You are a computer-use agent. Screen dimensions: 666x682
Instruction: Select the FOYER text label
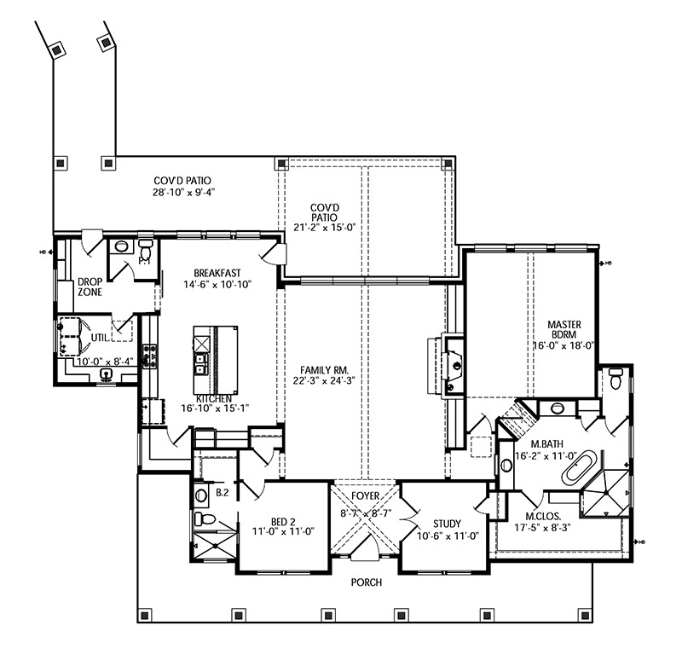(365, 494)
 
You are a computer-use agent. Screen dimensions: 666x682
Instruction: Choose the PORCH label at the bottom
(364, 582)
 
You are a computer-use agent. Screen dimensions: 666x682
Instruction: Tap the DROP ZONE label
(90, 286)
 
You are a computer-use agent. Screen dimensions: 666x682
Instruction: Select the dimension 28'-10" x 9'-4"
(182, 192)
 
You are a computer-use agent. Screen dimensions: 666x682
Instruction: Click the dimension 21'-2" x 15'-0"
(325, 227)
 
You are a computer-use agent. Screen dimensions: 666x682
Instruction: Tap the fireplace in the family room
(453, 365)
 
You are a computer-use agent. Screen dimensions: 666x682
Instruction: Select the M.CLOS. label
(543, 515)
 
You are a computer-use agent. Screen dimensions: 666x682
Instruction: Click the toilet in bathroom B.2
(201, 518)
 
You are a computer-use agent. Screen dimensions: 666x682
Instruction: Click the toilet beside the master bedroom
(616, 379)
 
